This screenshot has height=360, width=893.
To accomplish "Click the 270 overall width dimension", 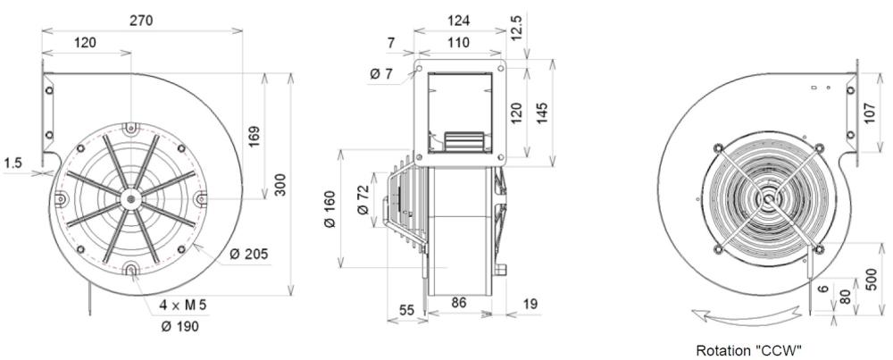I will [142, 20].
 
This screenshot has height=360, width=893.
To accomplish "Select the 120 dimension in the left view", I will [86, 42].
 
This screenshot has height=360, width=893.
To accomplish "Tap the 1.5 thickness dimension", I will [13, 163].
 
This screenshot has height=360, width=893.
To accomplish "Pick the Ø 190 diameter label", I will [179, 326].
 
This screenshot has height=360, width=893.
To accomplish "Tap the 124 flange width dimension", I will [457, 20].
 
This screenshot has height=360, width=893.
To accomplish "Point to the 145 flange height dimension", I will [545, 111].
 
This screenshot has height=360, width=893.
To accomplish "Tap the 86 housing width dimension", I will [460, 304].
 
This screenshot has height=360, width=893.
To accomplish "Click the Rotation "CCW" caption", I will [748, 350].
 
